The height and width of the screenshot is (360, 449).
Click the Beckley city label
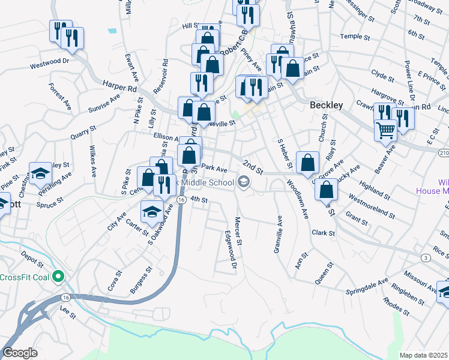click(326, 105)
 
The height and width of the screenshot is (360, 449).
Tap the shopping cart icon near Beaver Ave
click(385, 129)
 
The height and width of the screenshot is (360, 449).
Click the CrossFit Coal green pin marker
click(58, 277)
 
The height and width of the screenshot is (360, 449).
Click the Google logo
click(20, 353)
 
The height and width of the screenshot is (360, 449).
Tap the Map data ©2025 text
click(423, 355)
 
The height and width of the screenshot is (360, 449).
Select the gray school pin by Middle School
click(243, 182)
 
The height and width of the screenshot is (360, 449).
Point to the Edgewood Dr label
click(231, 251)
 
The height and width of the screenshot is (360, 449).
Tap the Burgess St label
click(142, 280)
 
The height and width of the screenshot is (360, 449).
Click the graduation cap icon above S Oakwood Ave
click(152, 211)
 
